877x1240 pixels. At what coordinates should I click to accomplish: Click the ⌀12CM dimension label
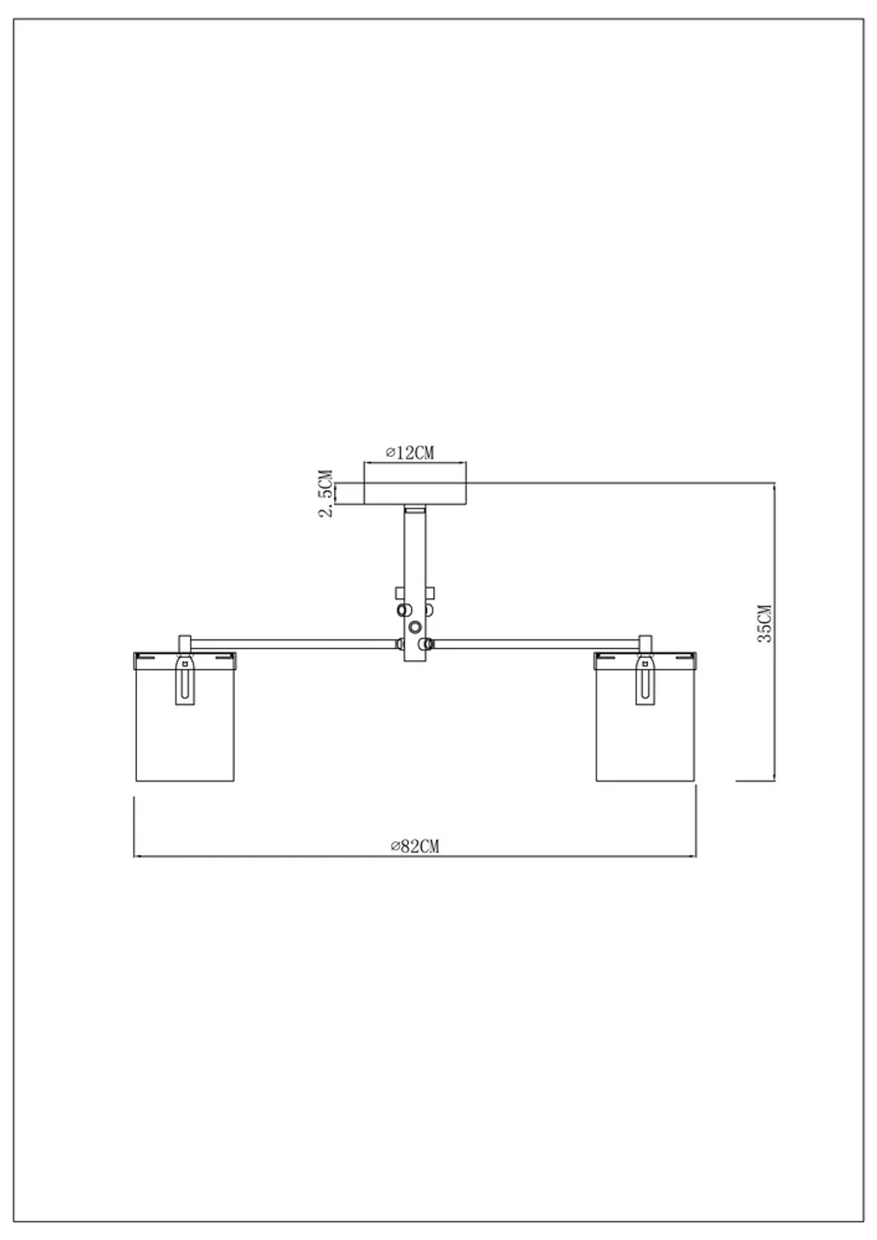pyautogui.click(x=410, y=453)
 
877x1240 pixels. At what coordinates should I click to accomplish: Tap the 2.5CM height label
pyautogui.click(x=326, y=494)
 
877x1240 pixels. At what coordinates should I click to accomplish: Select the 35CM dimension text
pyautogui.click(x=764, y=624)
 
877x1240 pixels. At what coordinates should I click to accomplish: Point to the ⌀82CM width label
pyautogui.click(x=414, y=845)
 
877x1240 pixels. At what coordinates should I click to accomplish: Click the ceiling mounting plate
pyautogui.click(x=415, y=494)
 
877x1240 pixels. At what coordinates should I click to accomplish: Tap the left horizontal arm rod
pyautogui.click(x=294, y=644)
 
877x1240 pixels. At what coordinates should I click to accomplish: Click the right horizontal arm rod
pyautogui.click(x=535, y=644)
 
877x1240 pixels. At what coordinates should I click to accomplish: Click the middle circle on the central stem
pyautogui.click(x=415, y=626)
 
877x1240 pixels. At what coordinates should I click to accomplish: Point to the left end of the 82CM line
pyautogui.click(x=134, y=855)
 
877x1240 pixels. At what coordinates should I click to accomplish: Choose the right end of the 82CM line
pyautogui.click(x=695, y=855)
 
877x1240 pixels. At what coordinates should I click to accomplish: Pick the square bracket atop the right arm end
pyautogui.click(x=646, y=643)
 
